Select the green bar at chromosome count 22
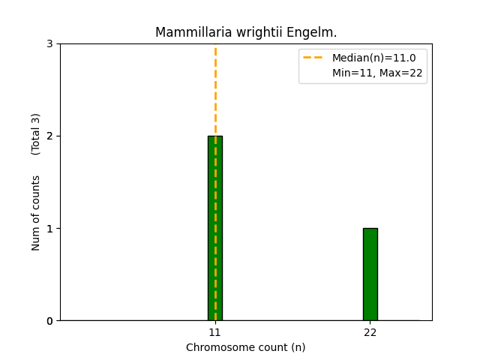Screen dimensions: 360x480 coord(370,274)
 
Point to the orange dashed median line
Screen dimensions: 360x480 coord(215,90)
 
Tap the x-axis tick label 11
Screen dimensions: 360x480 coord(215,332)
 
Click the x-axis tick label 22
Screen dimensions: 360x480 coord(370,332)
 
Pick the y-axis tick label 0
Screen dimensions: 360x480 coord(49,321)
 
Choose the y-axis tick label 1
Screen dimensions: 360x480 coord(49,229)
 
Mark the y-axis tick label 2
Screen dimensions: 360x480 coord(49,136)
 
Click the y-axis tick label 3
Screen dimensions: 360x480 coord(49,44)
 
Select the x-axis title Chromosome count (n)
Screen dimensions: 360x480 coord(246,347)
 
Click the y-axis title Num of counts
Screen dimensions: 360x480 coord(36,213)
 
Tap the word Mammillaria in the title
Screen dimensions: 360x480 coord(187,33)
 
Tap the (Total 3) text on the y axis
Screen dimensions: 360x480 coord(36,134)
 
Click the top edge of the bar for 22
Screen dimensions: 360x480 coord(370,229)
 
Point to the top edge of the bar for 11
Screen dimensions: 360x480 coord(211,136)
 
